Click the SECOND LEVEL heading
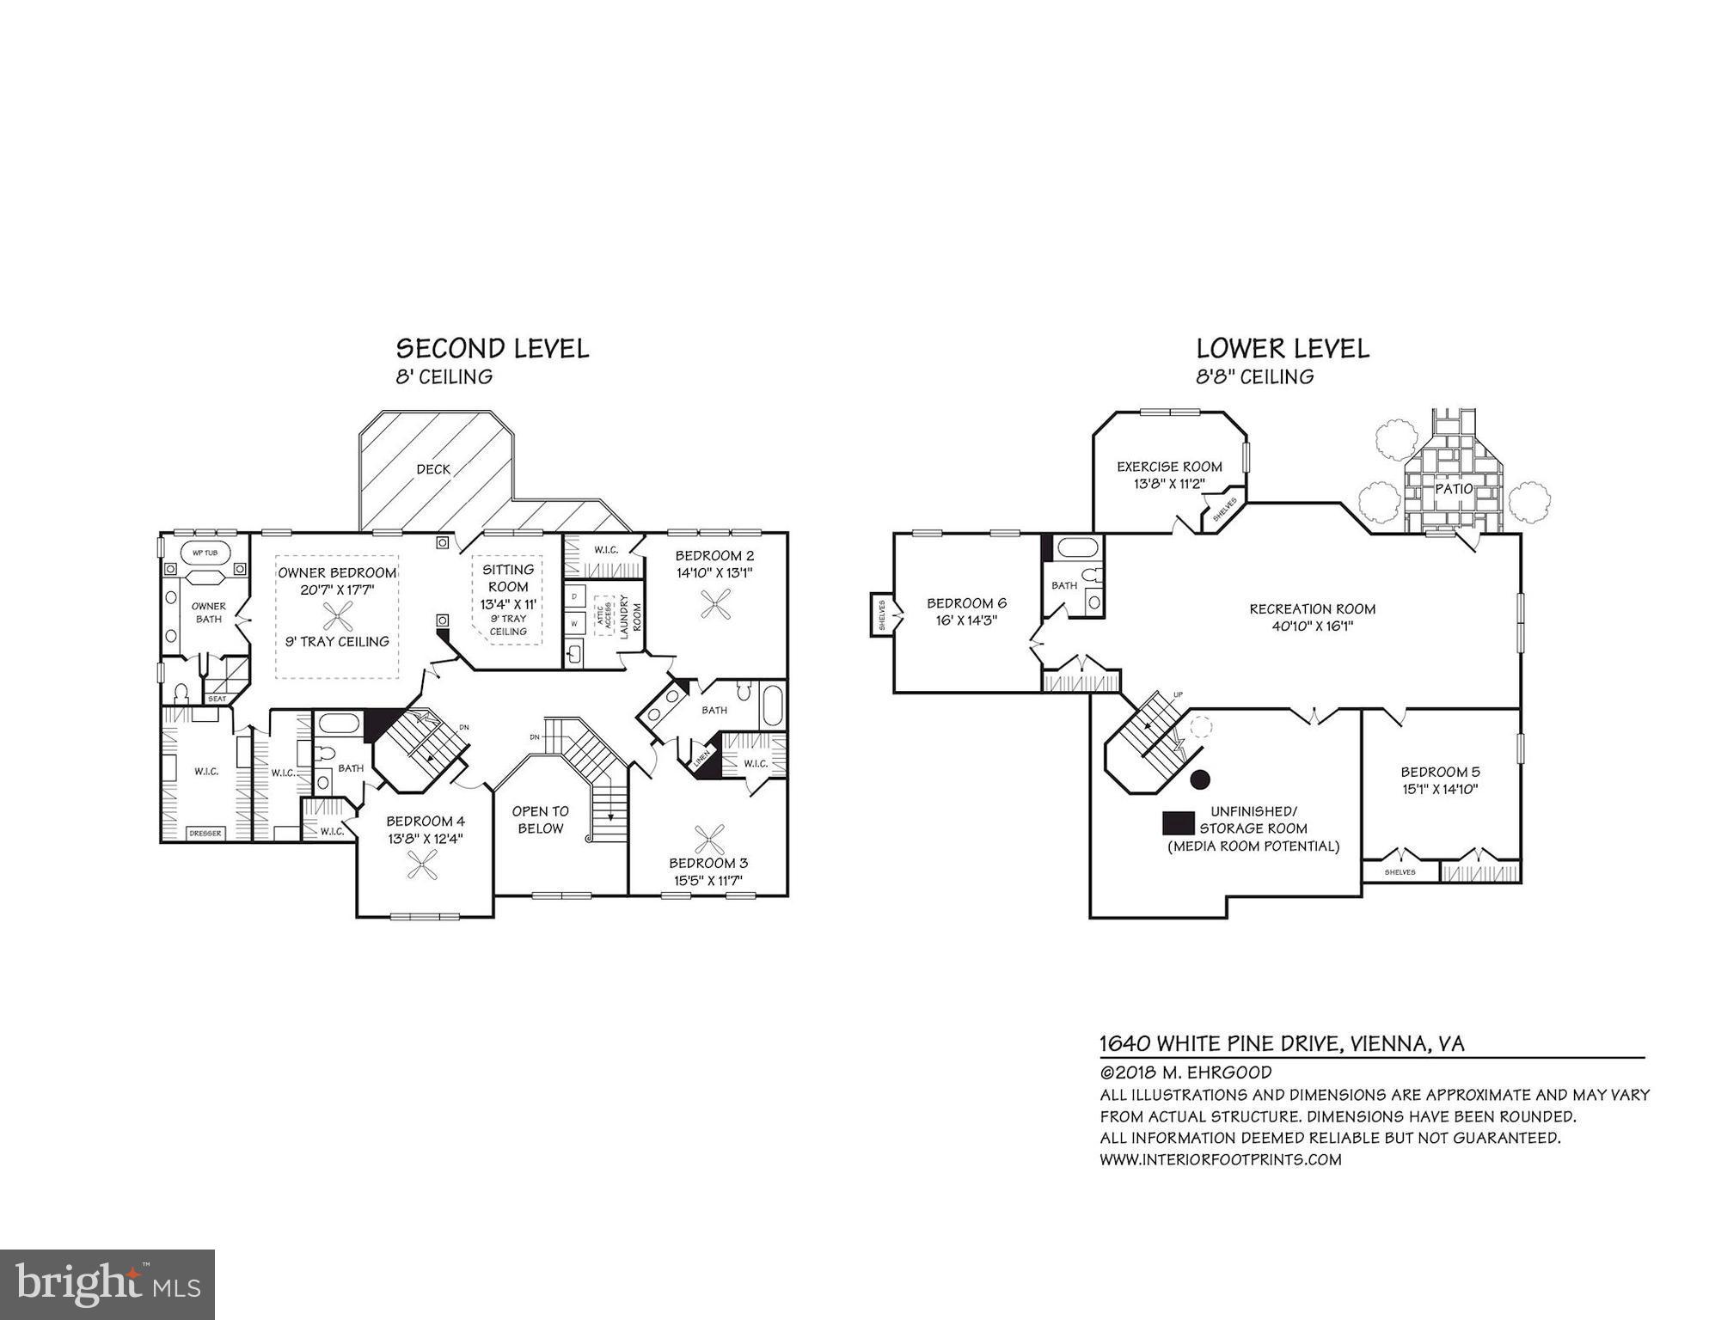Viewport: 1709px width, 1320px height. coord(492,349)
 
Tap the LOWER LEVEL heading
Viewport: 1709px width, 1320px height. coord(1283,349)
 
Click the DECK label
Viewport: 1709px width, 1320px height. coord(433,469)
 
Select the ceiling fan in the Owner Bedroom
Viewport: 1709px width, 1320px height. coord(337,615)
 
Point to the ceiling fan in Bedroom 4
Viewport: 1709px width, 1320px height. coord(423,865)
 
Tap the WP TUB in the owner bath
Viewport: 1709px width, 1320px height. coord(205,553)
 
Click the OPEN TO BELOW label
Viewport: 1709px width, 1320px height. coord(540,820)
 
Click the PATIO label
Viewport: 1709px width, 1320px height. coord(1454,489)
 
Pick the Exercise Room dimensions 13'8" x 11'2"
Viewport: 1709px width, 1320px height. coord(1169,484)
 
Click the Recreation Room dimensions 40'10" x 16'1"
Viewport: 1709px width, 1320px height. coord(1312,626)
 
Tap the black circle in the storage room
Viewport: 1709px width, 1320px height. coord(1200,779)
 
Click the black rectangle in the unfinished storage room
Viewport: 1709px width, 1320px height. coord(1178,822)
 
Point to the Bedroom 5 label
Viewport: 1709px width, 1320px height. coord(1440,772)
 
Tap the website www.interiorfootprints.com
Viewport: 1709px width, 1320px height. coord(1220,1159)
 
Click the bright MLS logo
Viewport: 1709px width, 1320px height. coord(107,1285)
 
